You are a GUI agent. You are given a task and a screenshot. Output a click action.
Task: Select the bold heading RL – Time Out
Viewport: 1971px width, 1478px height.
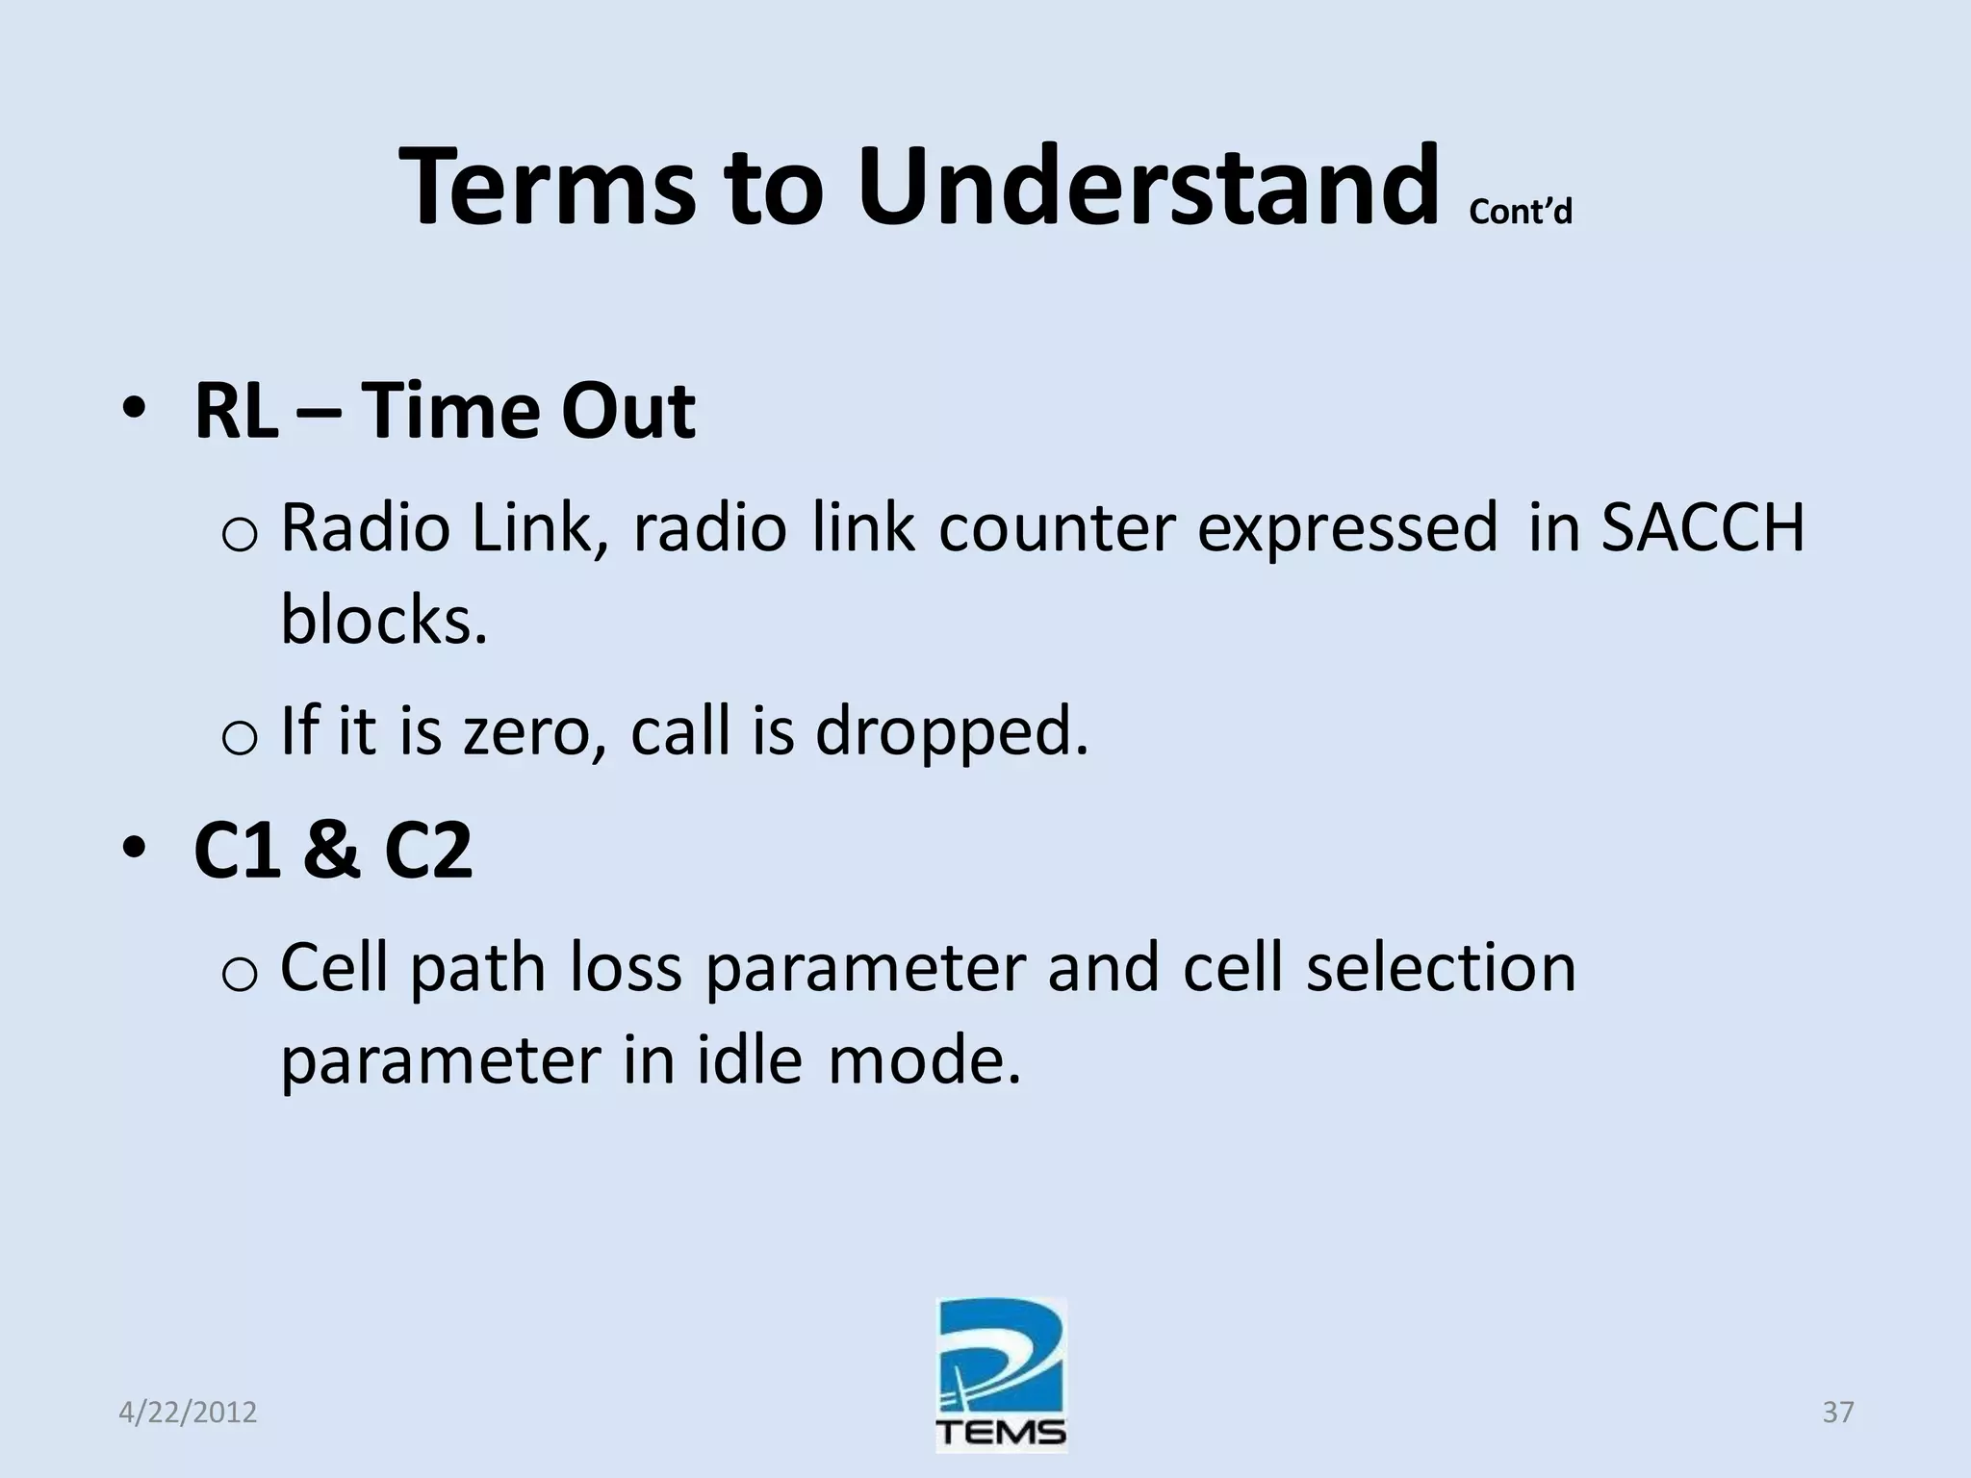click(444, 412)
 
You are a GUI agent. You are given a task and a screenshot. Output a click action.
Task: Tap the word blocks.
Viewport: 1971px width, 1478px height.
click(383, 620)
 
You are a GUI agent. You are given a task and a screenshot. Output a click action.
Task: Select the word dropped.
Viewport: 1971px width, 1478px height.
click(952, 731)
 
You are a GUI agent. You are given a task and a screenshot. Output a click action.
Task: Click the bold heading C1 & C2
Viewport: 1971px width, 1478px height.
click(333, 852)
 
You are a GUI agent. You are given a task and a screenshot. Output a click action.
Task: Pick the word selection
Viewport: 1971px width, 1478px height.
click(1441, 968)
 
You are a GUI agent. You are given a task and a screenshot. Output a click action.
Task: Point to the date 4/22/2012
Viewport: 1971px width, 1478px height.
click(189, 1413)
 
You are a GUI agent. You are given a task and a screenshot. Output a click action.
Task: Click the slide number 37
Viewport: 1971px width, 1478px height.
click(1837, 1413)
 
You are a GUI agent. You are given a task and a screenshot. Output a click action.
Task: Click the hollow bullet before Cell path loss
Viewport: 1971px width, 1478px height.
click(239, 975)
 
